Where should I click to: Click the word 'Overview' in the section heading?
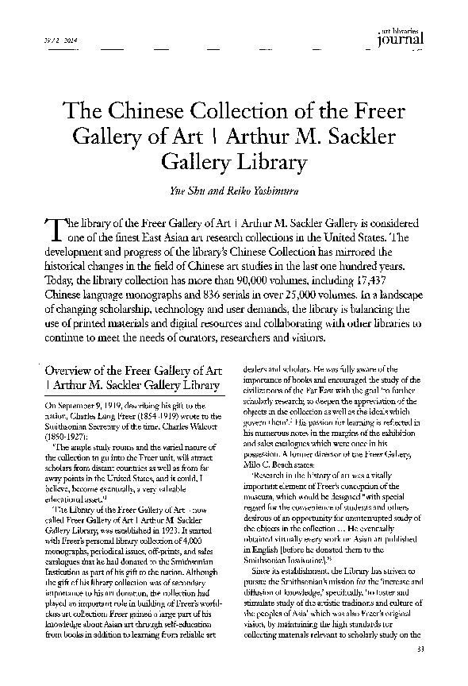(72, 371)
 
